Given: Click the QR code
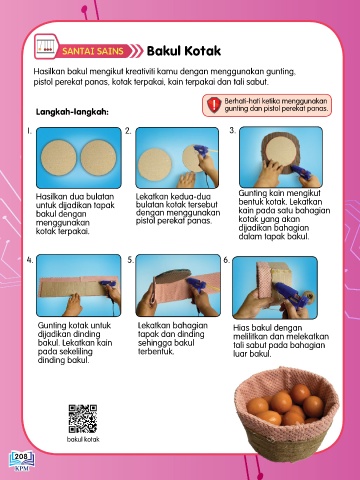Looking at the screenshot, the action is [83, 419].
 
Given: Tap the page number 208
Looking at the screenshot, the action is [21, 456].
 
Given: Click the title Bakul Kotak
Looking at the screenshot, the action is [184, 51].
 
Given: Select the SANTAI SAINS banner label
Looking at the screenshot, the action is [93, 51].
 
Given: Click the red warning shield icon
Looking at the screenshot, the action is [214, 105].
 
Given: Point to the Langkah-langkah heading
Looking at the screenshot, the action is [72, 112].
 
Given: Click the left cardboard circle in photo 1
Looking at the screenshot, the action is [59, 157].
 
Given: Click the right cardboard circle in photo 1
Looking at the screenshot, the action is [98, 157].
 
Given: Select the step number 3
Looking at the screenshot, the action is [232, 131].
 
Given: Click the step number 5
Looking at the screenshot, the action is [131, 260].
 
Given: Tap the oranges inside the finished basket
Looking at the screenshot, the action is [285, 404].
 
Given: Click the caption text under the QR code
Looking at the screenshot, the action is [83, 439].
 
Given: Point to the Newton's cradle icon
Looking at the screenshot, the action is [46, 46].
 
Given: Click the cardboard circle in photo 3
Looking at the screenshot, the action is [281, 151].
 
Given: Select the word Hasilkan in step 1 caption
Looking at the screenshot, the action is [50, 196].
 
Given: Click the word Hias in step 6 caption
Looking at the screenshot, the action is [240, 328].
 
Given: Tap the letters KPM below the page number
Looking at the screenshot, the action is [21, 469].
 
